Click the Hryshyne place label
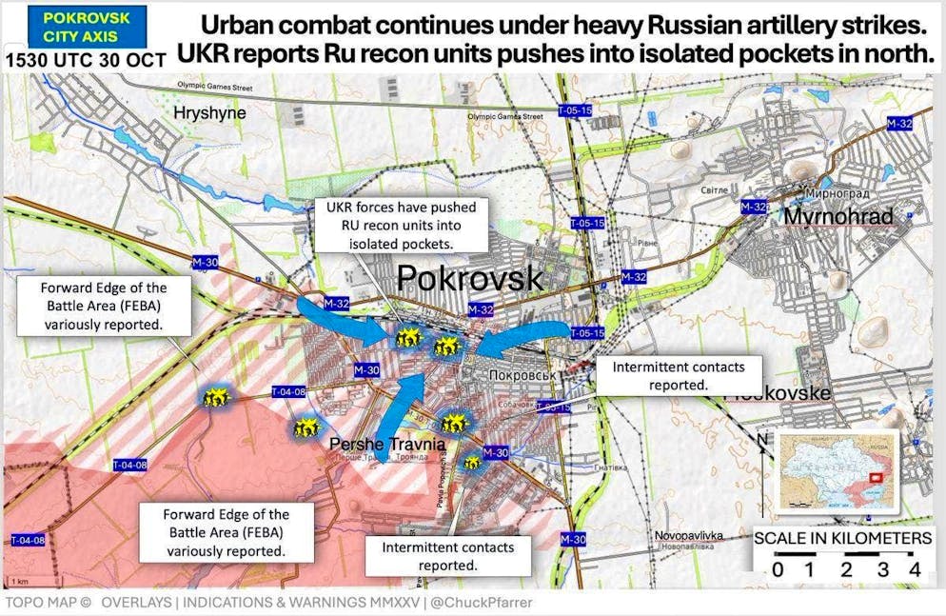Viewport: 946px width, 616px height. pyautogui.click(x=209, y=113)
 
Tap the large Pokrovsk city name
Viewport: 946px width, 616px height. pyautogui.click(x=469, y=278)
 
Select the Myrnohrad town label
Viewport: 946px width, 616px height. pyautogui.click(x=838, y=217)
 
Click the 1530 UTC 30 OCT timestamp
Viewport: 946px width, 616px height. pyautogui.click(x=87, y=59)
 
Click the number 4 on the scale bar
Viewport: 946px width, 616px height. pyautogui.click(x=914, y=570)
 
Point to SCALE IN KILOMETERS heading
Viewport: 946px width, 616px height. pyautogui.click(x=842, y=539)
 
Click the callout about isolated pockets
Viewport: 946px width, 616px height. pyautogui.click(x=402, y=225)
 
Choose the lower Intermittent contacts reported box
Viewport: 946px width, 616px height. pyautogui.click(x=447, y=556)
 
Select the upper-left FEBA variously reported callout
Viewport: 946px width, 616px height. pyautogui.click(x=103, y=306)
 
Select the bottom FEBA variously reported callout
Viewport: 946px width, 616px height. pyautogui.click(x=226, y=532)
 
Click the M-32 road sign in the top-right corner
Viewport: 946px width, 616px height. pyautogui.click(x=899, y=124)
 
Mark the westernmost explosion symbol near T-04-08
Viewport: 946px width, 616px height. pyautogui.click(x=213, y=397)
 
